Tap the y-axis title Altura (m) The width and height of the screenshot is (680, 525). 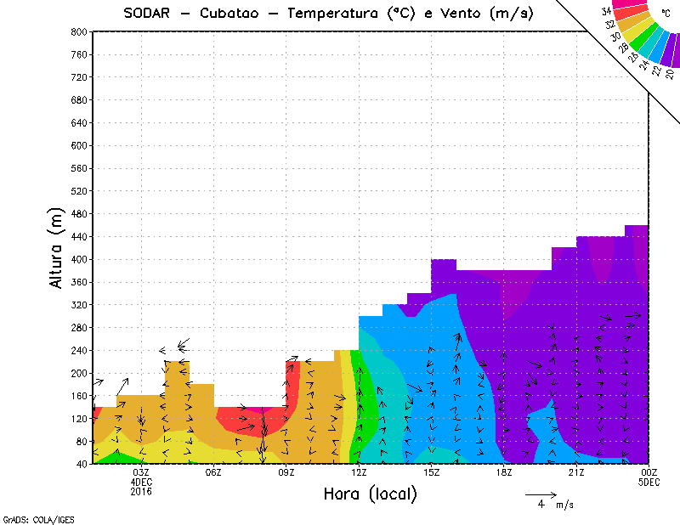coord(57,246)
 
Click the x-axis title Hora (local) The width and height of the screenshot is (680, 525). coord(370,494)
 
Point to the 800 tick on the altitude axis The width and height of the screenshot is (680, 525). coord(78,31)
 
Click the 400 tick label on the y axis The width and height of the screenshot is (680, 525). coord(78,259)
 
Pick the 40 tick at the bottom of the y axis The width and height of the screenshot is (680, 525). coord(81,464)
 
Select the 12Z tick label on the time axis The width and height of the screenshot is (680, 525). coord(359,472)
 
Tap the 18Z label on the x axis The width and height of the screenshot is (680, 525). coord(504,472)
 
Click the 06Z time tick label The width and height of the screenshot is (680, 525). coord(213,472)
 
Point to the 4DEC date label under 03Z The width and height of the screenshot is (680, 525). coord(141,482)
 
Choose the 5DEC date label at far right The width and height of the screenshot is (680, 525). coord(649,482)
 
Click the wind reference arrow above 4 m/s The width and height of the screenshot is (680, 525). coord(541,494)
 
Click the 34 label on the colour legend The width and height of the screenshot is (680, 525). coord(606,11)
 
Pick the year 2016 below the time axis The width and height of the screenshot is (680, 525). coord(141,491)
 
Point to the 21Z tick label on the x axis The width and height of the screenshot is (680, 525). coord(576,472)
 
